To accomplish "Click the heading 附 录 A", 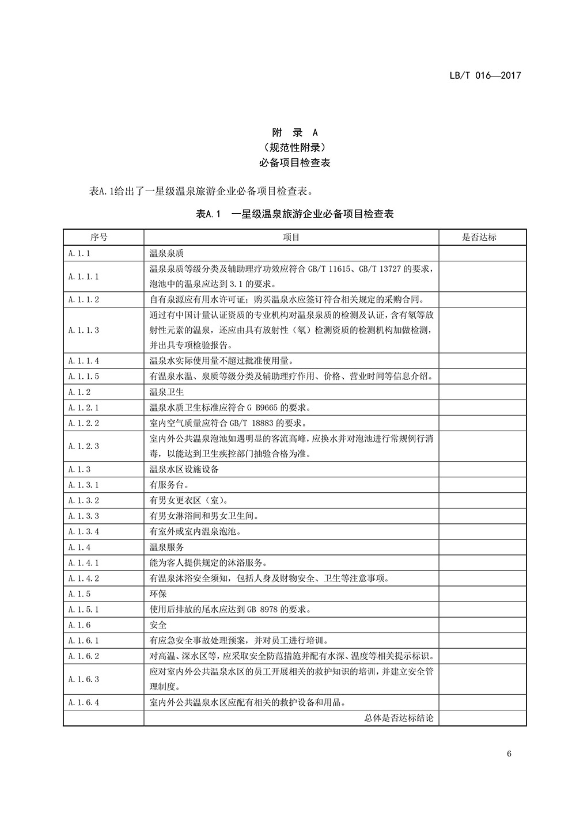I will point(294,132).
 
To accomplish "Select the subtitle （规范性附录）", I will point(294,147).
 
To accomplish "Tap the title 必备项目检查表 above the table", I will point(294,163).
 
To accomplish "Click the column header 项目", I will point(291,237).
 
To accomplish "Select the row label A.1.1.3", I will point(84,330).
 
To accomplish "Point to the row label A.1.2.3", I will point(84,446).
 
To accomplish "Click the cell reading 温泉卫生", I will point(166,392).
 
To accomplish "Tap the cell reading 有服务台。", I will point(170,485).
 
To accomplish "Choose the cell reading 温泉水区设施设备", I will point(184,469).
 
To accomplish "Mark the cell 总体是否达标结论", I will point(399,718).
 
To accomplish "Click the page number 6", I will point(509,754).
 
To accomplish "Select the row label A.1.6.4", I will point(84,702).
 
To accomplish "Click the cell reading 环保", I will point(158,594).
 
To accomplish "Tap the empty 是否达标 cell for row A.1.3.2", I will point(482,500).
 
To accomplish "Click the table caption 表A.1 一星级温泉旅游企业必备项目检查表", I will point(294,214).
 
